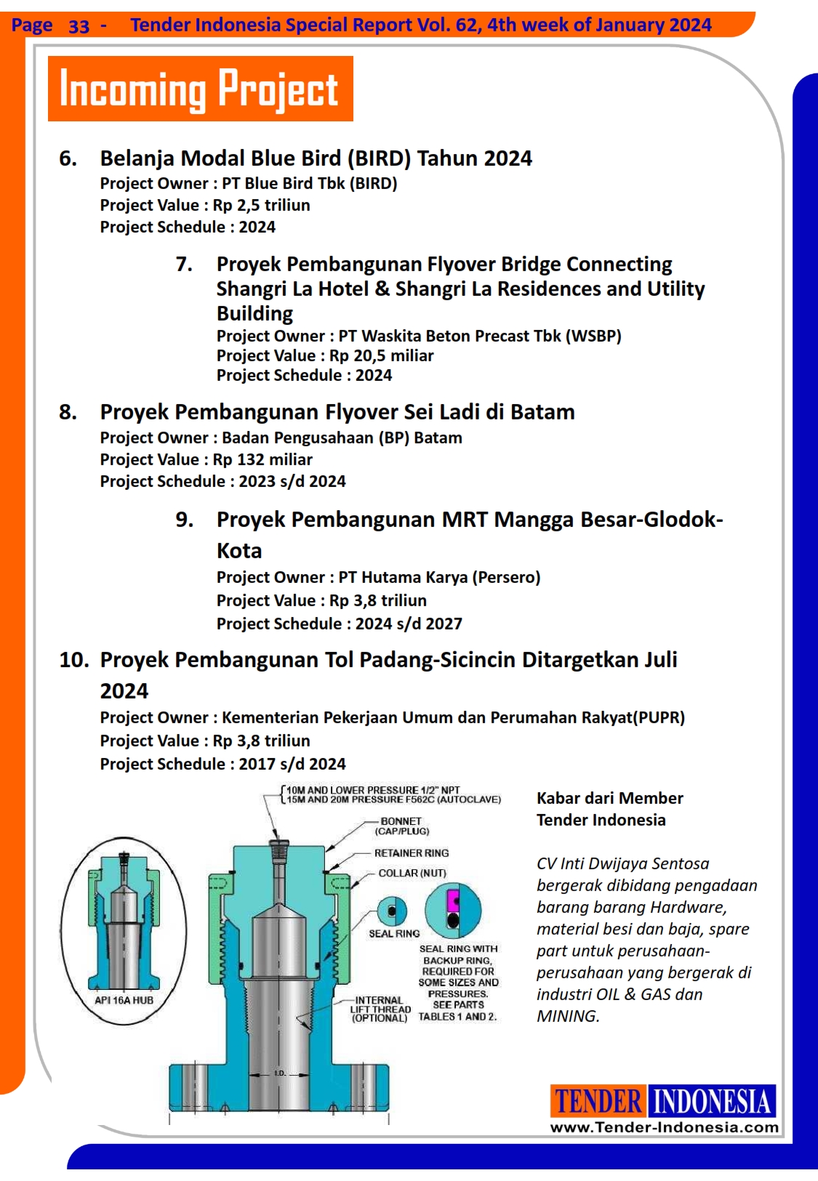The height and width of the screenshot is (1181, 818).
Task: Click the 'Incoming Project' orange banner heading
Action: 200,89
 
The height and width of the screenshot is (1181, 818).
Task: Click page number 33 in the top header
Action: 79,26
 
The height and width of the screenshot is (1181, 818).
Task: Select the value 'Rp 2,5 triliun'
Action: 261,206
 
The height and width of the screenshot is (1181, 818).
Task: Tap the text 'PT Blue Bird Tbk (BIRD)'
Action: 309,184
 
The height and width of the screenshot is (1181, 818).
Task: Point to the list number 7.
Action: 184,265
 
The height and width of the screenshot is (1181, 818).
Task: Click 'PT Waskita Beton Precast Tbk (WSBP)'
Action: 479,336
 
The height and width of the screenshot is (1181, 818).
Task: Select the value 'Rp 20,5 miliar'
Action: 381,356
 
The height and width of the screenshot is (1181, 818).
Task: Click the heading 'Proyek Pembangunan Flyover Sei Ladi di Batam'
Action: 337,412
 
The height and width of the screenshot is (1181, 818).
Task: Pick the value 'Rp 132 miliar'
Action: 262,460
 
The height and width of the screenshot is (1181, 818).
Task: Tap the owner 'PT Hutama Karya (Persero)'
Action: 439,578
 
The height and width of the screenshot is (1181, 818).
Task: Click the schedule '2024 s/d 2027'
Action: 408,624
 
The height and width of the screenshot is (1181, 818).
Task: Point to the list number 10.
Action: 73,660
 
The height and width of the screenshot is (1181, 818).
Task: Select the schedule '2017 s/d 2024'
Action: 292,765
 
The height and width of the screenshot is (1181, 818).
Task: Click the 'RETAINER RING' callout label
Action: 411,853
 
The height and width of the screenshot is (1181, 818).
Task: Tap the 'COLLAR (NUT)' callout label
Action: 412,873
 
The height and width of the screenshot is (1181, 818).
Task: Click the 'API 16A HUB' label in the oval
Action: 124,1000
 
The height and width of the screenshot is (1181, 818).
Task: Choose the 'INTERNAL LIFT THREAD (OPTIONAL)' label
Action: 379,1009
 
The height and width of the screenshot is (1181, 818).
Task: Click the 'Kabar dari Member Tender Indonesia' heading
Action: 609,809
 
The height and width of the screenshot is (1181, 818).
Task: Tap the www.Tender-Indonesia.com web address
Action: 664,1127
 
